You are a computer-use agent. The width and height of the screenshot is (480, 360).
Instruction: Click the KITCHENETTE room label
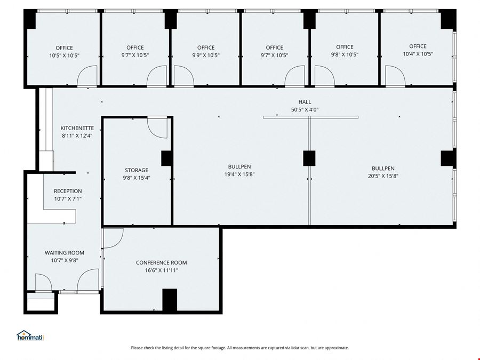(x=77, y=128)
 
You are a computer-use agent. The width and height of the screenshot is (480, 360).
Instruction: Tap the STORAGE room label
(x=137, y=170)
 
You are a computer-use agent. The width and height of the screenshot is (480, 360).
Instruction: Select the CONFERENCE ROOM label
(x=161, y=262)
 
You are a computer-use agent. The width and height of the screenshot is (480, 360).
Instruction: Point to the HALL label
(x=305, y=102)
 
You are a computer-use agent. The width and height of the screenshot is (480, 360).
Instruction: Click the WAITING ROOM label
(x=65, y=253)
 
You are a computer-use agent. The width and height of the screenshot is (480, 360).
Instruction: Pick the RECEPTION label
(x=68, y=191)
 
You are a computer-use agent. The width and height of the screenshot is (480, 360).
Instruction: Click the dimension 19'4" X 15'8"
(x=239, y=174)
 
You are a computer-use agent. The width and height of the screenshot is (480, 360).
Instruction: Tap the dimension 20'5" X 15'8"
(x=383, y=176)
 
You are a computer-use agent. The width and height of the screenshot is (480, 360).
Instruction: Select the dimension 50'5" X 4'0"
(x=305, y=109)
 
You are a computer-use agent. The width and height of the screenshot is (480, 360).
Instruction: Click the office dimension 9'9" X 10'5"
(x=206, y=55)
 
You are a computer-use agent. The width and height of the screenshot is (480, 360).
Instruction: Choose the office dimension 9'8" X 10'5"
(x=345, y=55)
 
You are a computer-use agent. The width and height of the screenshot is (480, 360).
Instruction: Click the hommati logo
(x=30, y=335)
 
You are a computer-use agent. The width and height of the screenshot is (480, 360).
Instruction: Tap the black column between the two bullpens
(x=309, y=158)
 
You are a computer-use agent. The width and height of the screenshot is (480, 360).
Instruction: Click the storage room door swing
(x=157, y=127)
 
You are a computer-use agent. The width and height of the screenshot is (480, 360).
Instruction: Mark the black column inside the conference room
(x=170, y=300)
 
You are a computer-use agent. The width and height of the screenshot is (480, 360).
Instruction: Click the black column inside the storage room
(x=167, y=158)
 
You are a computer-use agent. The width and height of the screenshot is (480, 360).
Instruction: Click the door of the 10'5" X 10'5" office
(x=87, y=76)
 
